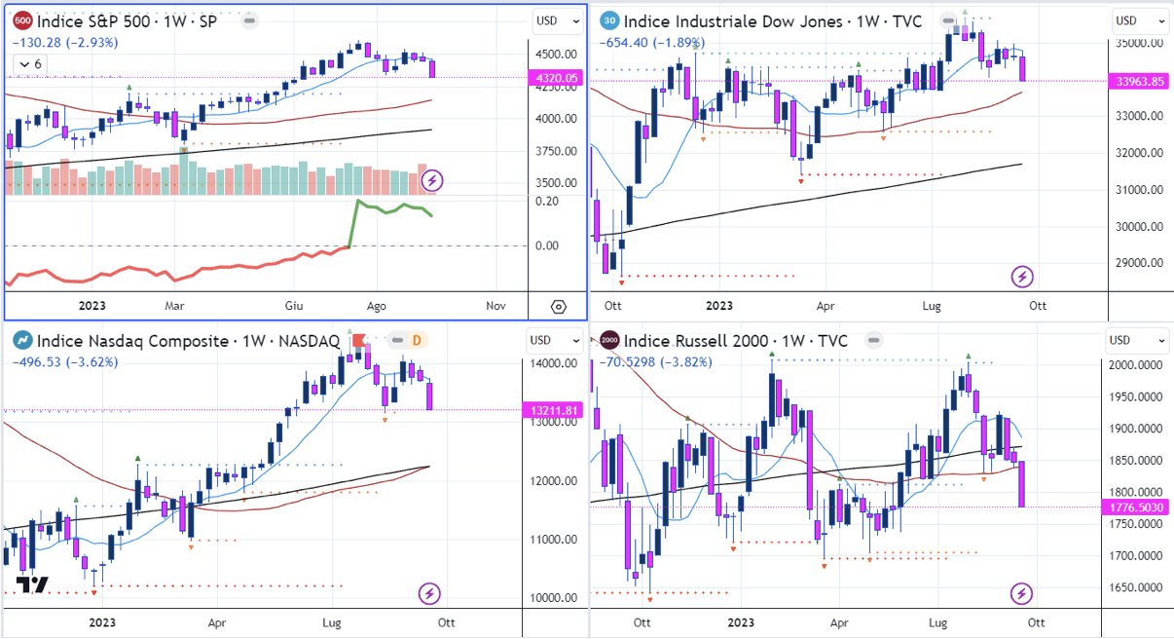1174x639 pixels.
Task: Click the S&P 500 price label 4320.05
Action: pyautogui.click(x=558, y=77)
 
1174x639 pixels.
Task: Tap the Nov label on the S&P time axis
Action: pyautogui.click(x=495, y=306)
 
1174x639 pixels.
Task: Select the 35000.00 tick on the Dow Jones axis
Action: pyautogui.click(x=1138, y=44)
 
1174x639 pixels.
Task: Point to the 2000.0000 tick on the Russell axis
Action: pyautogui.click(x=1138, y=365)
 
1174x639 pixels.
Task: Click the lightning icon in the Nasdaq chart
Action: pyautogui.click(x=430, y=593)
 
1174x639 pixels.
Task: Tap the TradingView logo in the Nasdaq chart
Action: pyautogui.click(x=33, y=584)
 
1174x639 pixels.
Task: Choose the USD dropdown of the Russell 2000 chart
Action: pyautogui.click(x=1138, y=341)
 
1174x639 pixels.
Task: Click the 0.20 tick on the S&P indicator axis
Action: pyautogui.click(x=546, y=201)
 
